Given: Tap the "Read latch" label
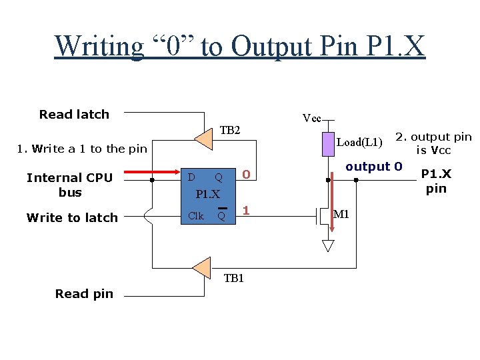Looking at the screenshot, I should (74, 114).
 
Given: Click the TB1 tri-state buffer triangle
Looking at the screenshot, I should (201, 268).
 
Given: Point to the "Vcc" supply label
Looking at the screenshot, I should (312, 119).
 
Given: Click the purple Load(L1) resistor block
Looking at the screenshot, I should (327, 144).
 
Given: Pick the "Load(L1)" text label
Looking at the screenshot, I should (359, 142).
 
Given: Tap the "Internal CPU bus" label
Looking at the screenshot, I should (69, 185).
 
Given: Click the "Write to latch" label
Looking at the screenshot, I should (72, 217).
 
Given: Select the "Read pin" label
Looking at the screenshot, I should (84, 293).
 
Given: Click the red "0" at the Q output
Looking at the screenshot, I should (246, 175).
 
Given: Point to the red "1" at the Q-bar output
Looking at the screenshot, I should (246, 211).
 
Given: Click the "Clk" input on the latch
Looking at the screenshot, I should (196, 215).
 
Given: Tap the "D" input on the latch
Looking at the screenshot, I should (191, 177).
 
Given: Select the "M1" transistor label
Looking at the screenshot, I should (341, 214).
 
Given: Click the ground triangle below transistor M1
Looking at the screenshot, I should (327, 245).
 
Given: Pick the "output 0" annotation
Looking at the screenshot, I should (374, 167).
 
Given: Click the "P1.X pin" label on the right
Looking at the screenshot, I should (436, 181).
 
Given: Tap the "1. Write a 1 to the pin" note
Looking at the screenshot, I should (81, 149).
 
